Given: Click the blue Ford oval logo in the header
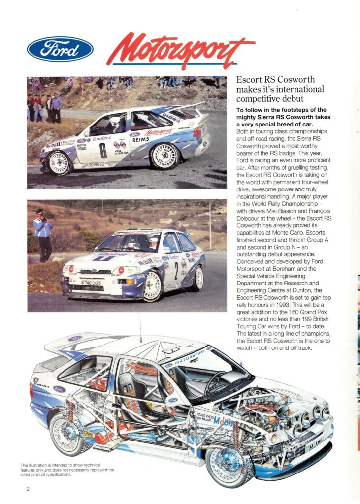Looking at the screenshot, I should (60, 49).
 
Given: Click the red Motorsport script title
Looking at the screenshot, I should (180, 51).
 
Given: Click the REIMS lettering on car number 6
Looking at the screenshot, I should (140, 140).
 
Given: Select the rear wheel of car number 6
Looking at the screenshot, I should (164, 156).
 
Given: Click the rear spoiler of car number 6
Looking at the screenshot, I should (190, 109).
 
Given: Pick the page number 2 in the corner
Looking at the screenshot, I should (28, 489).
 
